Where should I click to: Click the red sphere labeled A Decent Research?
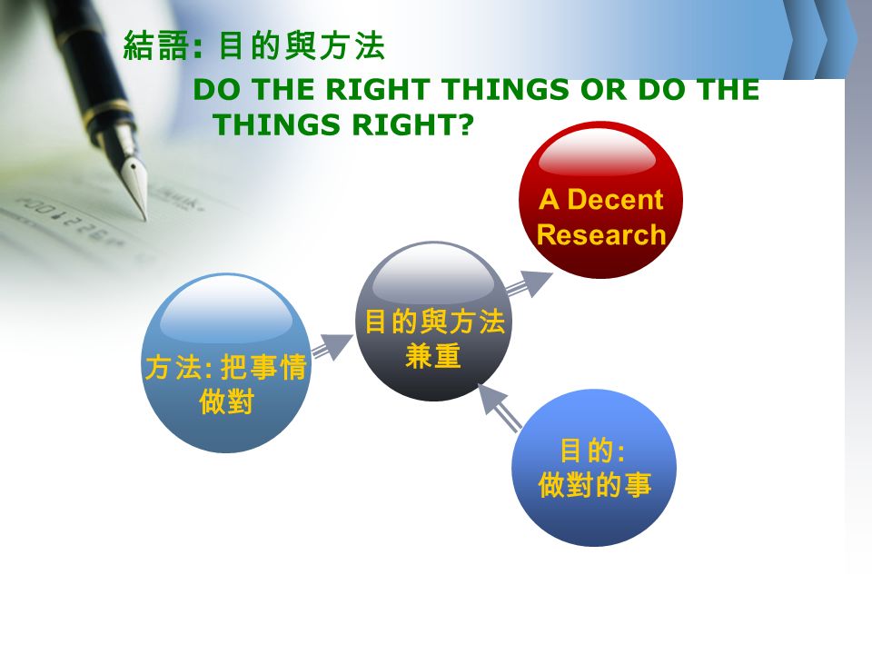[600, 200]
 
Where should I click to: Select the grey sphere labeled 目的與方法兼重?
[434, 322]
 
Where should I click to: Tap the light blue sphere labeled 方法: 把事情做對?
[226, 362]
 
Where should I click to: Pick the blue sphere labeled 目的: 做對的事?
[594, 468]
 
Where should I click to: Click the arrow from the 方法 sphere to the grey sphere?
[332, 347]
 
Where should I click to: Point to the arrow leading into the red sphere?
[530, 283]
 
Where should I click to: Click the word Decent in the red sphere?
[615, 199]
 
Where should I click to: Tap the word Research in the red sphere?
[601, 234]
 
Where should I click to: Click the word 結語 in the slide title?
[156, 45]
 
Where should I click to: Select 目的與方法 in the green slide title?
[302, 45]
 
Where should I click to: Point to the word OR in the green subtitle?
[604, 89]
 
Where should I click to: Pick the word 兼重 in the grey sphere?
[433, 356]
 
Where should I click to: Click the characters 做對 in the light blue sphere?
[226, 401]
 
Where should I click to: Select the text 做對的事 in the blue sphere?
[594, 484]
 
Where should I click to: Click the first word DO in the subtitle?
[219, 89]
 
